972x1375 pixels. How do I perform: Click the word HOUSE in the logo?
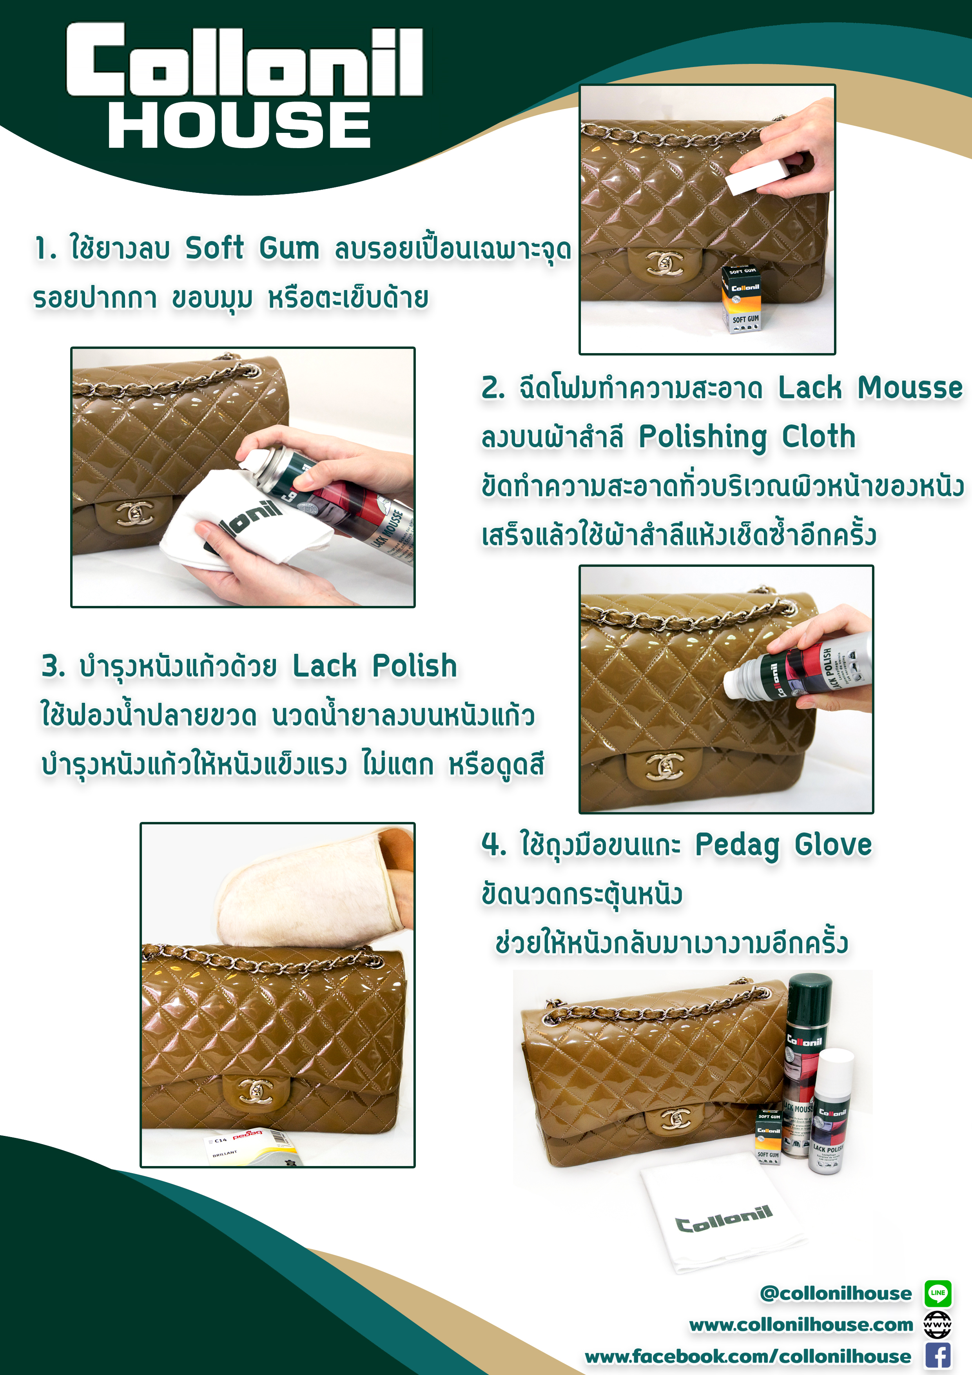239,125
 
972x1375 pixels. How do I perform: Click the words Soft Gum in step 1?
252,248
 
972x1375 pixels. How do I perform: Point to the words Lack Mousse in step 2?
870,388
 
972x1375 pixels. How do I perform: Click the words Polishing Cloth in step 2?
747,437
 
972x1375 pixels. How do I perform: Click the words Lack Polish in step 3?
374,666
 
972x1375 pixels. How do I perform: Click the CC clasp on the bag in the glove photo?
256,1090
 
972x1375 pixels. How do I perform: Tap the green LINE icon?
938,1292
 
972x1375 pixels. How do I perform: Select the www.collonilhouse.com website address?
801,1325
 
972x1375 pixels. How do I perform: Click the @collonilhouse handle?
836,1293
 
